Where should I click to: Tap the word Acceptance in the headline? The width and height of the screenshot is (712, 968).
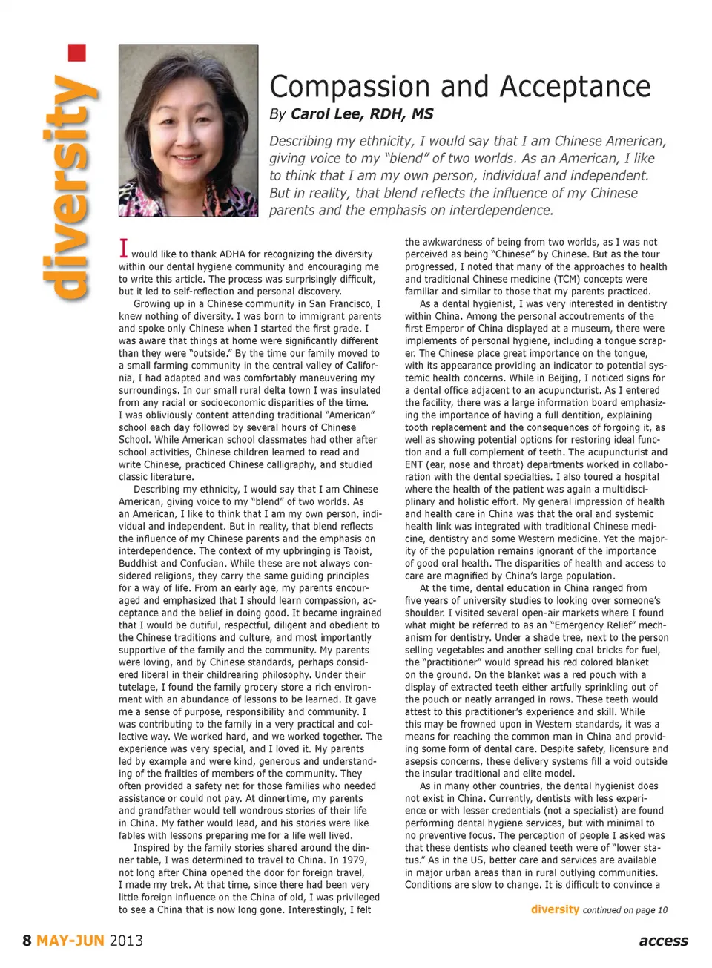(575, 88)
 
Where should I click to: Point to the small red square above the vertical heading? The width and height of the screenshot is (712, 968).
(77, 53)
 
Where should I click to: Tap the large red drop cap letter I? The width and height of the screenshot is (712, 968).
(124, 248)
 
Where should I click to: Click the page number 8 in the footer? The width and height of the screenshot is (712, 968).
(27, 941)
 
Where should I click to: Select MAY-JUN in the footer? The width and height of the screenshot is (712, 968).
(70, 941)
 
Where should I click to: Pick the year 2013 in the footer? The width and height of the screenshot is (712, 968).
(126, 941)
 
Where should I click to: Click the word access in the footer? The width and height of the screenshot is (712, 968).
(663, 941)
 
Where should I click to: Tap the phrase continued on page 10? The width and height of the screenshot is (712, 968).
(624, 910)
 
